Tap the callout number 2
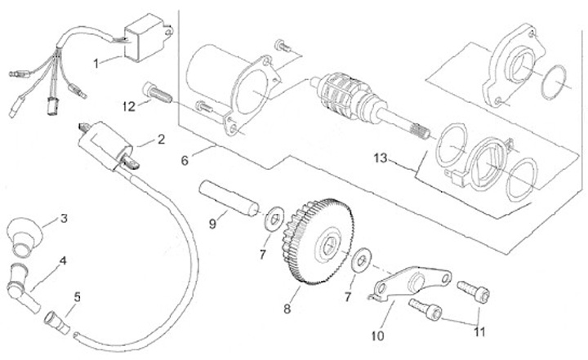(161, 139)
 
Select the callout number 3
(63, 219)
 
